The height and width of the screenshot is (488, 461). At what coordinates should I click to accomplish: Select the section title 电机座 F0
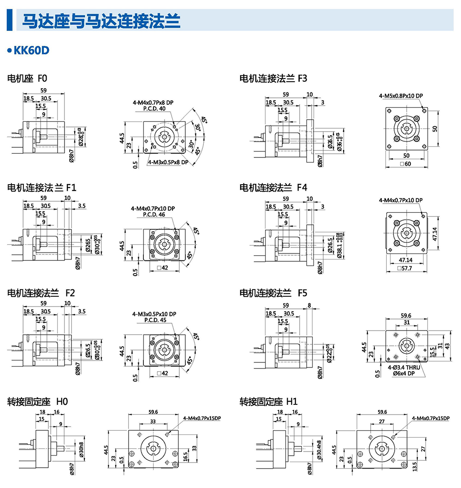[28, 79]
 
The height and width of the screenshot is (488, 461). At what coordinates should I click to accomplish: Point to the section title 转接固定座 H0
[37, 402]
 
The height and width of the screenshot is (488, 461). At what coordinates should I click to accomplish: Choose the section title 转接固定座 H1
[269, 402]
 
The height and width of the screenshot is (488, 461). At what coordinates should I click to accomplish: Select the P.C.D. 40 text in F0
[154, 108]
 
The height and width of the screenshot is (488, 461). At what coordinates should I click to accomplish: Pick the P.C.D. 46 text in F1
[154, 215]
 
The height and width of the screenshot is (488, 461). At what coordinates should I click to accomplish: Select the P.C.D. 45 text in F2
[154, 320]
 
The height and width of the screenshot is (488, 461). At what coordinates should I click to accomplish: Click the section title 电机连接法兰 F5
[273, 293]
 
